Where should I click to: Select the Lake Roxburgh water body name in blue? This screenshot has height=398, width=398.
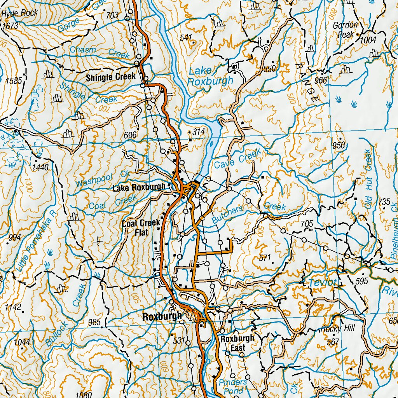(x=210, y=76)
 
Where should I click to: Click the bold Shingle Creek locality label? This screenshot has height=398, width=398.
(x=111, y=77)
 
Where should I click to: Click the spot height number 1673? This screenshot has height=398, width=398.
(x=10, y=26)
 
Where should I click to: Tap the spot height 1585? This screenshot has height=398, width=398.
(x=14, y=81)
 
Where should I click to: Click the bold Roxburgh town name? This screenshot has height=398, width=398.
(x=162, y=316)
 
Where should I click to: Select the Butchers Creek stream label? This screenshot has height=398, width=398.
(x=249, y=211)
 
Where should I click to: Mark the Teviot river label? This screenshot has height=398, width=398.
(x=322, y=283)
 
